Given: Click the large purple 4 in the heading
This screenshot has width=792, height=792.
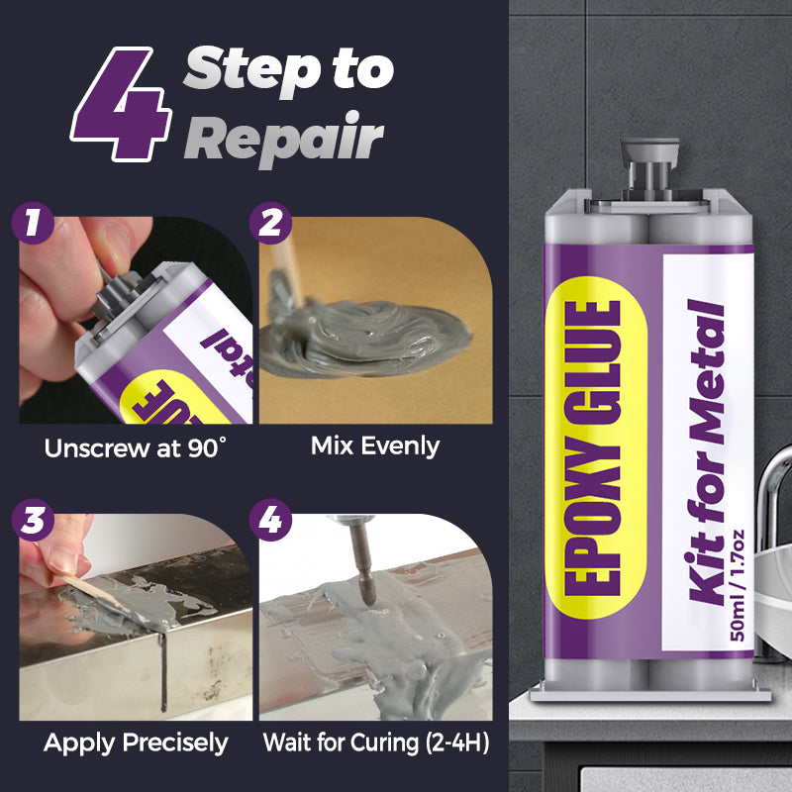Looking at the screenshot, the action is tap(121, 105).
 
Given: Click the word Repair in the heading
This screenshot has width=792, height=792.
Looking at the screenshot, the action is tap(284, 139).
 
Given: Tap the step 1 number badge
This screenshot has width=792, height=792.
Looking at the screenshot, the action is tap(33, 223).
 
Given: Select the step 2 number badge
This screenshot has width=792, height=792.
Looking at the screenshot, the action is tap(270, 223).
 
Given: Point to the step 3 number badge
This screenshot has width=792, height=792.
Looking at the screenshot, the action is tap(33, 520).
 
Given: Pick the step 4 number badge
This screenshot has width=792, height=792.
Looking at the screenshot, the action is tap(270, 520).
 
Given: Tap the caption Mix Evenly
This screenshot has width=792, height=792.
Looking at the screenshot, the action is tap(375, 446).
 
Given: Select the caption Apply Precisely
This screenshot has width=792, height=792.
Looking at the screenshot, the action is tap(136, 743).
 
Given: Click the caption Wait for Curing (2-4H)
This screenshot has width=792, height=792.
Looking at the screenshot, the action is tap(376, 743).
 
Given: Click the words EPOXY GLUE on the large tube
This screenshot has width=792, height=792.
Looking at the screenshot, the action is tap(592, 447).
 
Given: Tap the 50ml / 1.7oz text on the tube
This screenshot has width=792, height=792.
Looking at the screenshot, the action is tap(737, 585).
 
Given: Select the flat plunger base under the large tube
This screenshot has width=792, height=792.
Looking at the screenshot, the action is tap(650, 694).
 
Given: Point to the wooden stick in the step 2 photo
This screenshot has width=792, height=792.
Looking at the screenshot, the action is tap(288, 271).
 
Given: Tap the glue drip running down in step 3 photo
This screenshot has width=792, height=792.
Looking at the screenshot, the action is tap(162, 671).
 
